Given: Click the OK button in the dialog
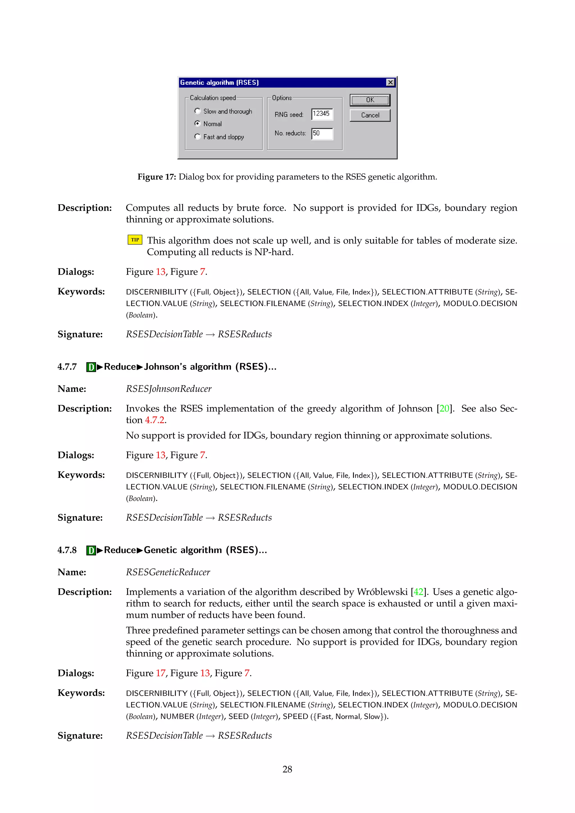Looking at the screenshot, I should click(x=370, y=100).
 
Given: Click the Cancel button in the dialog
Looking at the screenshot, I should click(x=370, y=115).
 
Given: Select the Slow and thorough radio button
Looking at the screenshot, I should click(x=198, y=111).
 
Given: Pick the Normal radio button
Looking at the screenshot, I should click(x=198, y=124).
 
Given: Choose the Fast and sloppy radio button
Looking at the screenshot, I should click(x=198, y=136).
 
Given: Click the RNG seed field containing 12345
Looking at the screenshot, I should click(x=321, y=114).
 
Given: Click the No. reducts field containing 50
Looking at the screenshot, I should click(x=321, y=134).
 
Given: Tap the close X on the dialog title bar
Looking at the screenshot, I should click(x=390, y=83).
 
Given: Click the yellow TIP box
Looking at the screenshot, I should click(x=135, y=240).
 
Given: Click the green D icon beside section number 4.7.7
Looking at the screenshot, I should click(x=91, y=367).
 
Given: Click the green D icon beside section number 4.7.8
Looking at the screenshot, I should click(x=91, y=550).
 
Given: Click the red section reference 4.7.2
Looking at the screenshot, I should click(x=154, y=420).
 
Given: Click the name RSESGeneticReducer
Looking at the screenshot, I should click(x=168, y=572).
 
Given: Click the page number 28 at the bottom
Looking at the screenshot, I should click(x=287, y=769).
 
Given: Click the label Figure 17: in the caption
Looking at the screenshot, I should click(x=156, y=177).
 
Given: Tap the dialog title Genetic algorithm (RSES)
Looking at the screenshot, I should click(x=220, y=83).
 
